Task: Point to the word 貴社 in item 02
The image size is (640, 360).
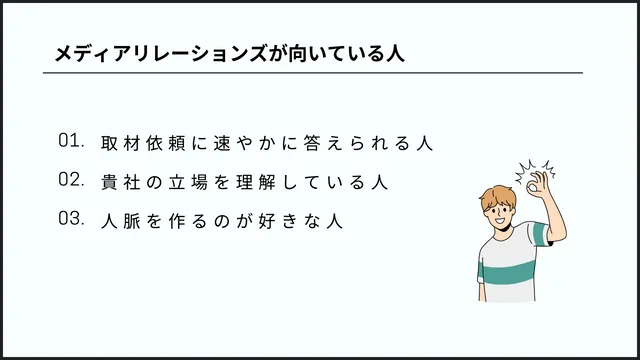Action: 122,182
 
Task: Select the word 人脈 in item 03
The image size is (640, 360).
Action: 122,221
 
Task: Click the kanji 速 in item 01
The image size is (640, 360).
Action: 220,143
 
